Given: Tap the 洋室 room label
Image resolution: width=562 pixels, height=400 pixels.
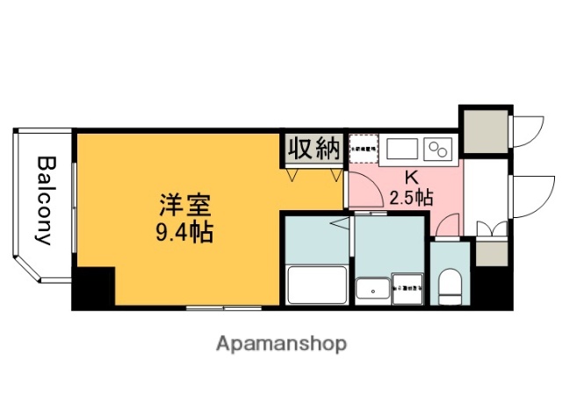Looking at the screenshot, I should (x=184, y=208).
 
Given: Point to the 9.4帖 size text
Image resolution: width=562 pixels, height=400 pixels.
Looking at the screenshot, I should (x=184, y=234).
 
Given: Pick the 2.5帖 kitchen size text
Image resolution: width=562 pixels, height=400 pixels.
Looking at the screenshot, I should (x=411, y=197).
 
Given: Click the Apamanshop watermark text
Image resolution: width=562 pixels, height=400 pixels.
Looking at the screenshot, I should (x=281, y=343).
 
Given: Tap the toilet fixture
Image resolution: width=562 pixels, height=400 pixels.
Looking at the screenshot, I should (x=450, y=286).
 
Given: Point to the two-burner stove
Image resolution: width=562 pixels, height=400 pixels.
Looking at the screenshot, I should (x=437, y=147).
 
